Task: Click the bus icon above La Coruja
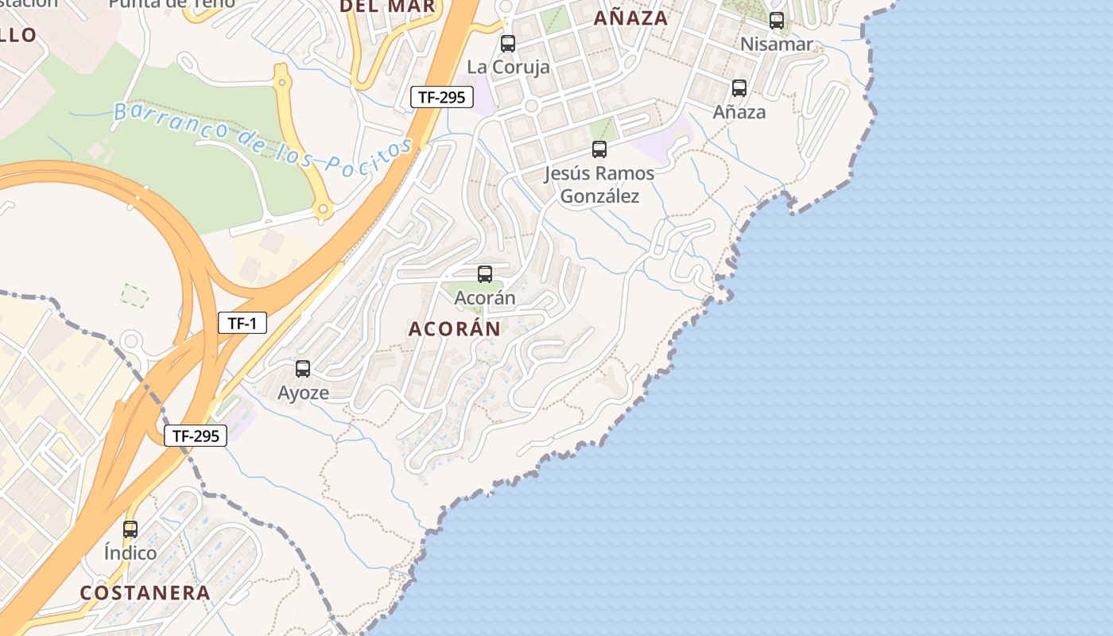click(x=508, y=44)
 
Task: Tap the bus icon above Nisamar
click(x=777, y=21)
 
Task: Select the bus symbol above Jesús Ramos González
click(x=599, y=149)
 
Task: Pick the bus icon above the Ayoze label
click(x=303, y=369)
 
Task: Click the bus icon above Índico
click(x=130, y=529)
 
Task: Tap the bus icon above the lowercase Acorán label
click(x=485, y=274)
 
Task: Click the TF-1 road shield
click(x=242, y=323)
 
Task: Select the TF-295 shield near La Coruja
click(x=442, y=98)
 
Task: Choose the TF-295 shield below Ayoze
click(x=196, y=436)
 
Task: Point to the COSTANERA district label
click(x=145, y=592)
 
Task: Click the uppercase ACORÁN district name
click(x=455, y=328)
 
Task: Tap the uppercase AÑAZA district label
click(x=631, y=17)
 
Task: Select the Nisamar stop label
click(x=777, y=44)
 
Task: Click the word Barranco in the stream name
click(x=160, y=117)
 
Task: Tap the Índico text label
click(x=130, y=553)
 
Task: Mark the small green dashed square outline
click(x=134, y=296)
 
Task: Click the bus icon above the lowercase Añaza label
click(x=739, y=88)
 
